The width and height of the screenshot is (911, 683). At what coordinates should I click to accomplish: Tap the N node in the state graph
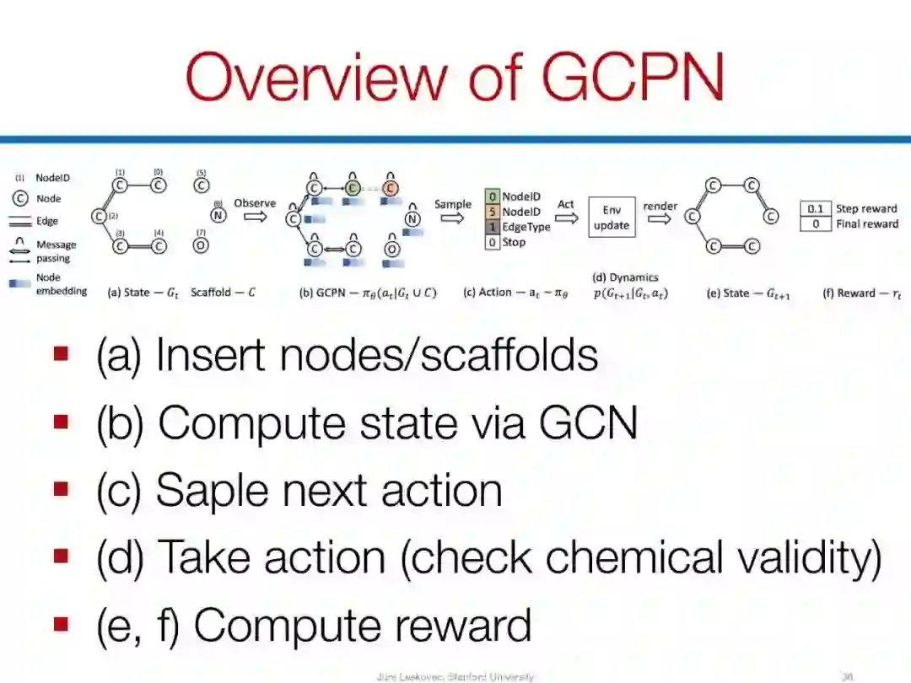[x=218, y=215]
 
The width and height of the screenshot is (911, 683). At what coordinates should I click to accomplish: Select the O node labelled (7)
[x=201, y=246]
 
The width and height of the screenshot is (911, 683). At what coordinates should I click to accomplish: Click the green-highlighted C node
[x=353, y=186]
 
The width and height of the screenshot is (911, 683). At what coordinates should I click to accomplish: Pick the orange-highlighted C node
[x=391, y=186]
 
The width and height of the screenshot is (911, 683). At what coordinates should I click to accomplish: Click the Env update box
[x=612, y=217]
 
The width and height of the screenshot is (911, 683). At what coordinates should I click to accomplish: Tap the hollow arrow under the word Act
[x=565, y=218]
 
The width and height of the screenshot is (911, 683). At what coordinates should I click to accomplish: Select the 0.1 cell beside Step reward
[x=815, y=208]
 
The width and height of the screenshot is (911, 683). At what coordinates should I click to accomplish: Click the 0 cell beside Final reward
[x=815, y=224]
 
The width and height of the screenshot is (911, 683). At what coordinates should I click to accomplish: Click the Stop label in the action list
[x=514, y=242]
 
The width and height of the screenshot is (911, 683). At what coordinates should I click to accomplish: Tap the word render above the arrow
[x=660, y=206]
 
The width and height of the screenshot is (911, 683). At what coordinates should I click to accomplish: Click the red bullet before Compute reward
[x=61, y=624]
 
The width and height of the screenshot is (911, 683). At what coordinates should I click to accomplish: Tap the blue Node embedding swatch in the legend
[x=21, y=284]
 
